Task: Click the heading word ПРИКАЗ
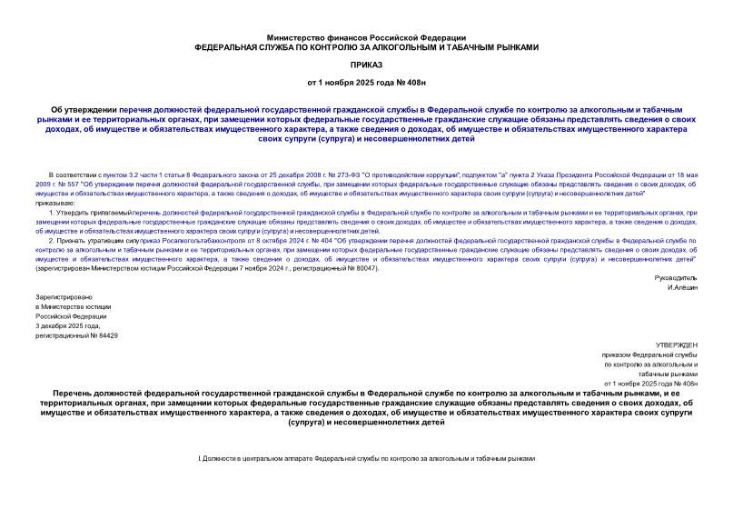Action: [x=366, y=65]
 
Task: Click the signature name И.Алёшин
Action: [x=681, y=287]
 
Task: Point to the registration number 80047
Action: [x=362, y=269]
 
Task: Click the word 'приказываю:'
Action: [x=54, y=203]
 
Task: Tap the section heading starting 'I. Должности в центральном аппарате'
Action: [x=366, y=459]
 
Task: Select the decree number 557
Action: [x=73, y=183]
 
